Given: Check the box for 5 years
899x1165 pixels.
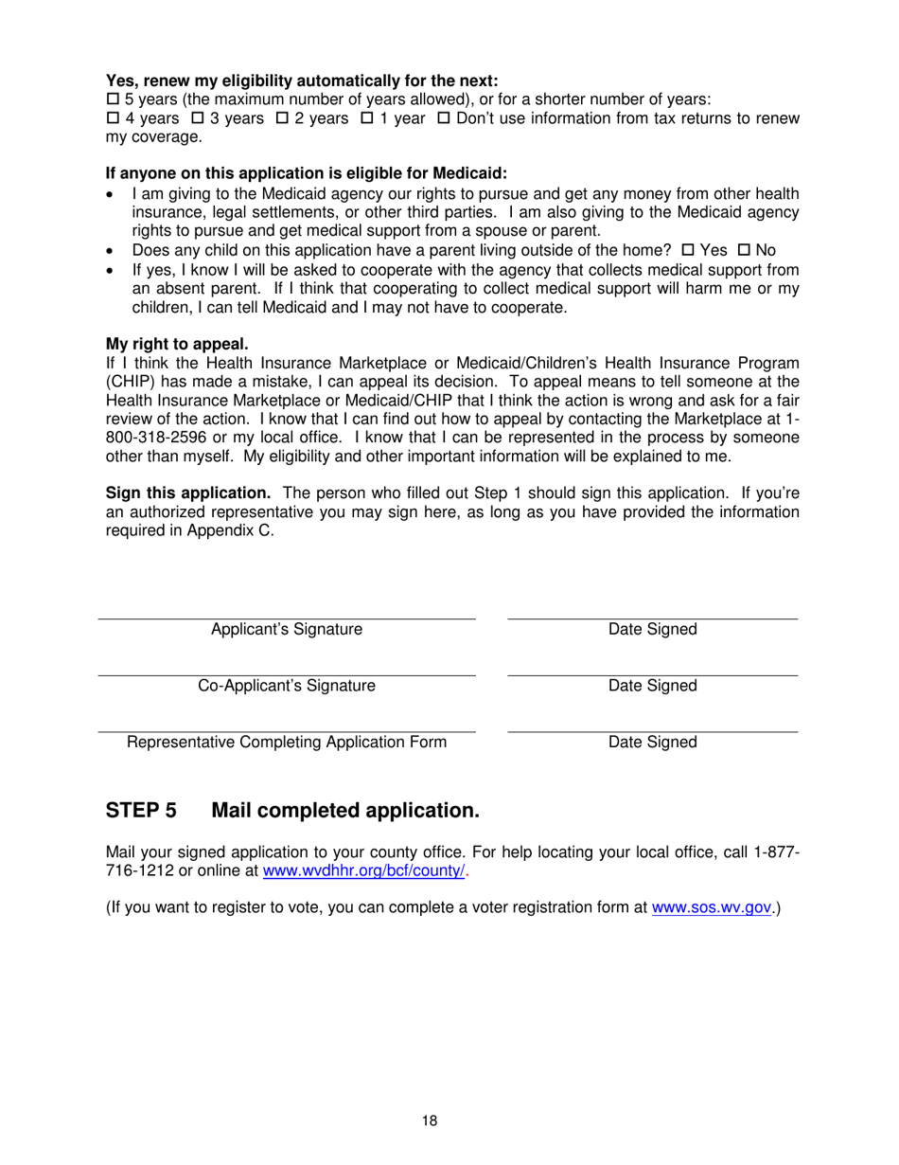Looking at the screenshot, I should [x=112, y=99].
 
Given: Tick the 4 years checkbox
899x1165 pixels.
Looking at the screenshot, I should [x=112, y=118].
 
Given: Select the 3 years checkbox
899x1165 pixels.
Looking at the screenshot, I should [x=198, y=118].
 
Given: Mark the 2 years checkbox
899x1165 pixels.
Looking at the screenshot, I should [x=282, y=118].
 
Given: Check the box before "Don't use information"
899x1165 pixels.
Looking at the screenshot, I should [x=443, y=118].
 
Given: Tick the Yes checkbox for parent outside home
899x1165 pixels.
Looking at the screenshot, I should [x=688, y=250].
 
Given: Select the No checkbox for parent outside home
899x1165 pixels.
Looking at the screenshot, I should [x=743, y=250].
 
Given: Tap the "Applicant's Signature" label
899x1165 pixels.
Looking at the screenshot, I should [x=286, y=630].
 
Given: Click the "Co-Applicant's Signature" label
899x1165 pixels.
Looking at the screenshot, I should [x=286, y=686].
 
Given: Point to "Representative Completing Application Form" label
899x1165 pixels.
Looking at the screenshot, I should [x=287, y=743].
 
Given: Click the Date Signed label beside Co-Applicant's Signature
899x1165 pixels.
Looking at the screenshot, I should [x=652, y=686].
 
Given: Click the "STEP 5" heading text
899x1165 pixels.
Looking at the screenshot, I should [x=141, y=811].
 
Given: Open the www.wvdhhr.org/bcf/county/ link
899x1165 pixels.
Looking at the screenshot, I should [x=363, y=872].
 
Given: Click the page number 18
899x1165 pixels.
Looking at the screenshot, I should [x=430, y=1121].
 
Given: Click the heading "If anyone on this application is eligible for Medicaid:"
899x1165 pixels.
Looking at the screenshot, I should [x=307, y=174].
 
